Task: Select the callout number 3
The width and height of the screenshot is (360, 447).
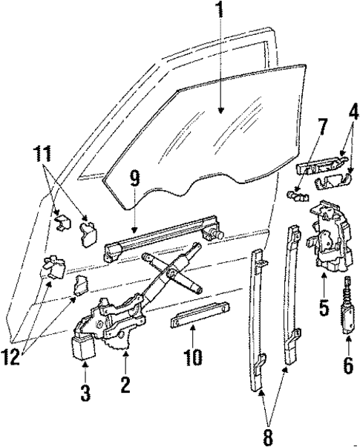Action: tap(85, 393)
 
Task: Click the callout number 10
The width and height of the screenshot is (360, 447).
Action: tap(192, 358)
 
